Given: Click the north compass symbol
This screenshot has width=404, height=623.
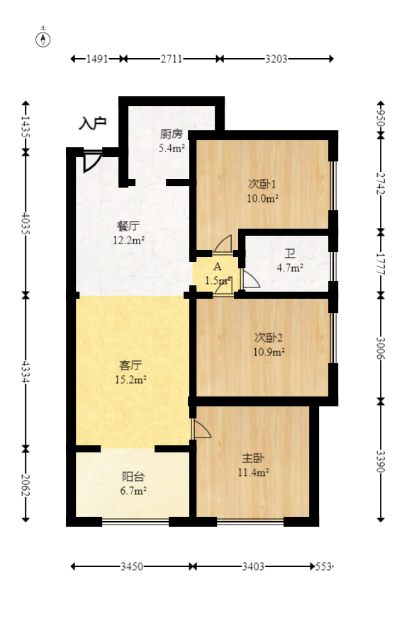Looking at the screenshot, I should tap(43, 40).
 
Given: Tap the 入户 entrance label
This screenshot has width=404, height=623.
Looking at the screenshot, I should tap(93, 123).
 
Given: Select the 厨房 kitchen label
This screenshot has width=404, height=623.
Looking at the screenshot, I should tap(172, 134).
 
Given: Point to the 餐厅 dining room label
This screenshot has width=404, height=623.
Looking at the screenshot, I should tap(128, 227).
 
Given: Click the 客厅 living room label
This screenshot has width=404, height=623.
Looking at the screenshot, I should tap(130, 365).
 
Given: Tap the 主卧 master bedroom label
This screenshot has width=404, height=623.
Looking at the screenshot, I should tap(253, 458).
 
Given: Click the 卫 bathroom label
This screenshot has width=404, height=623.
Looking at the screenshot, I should tap(290, 253).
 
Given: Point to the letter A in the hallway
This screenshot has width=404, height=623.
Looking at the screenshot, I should tap(218, 267).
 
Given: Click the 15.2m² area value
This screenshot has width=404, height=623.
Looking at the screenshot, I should tap(130, 379).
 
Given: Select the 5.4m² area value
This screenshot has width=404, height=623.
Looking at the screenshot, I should tap(172, 148).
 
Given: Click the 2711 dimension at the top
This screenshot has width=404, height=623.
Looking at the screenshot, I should tap(172, 59).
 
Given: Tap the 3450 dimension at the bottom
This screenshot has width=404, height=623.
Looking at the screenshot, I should tap(132, 566).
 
